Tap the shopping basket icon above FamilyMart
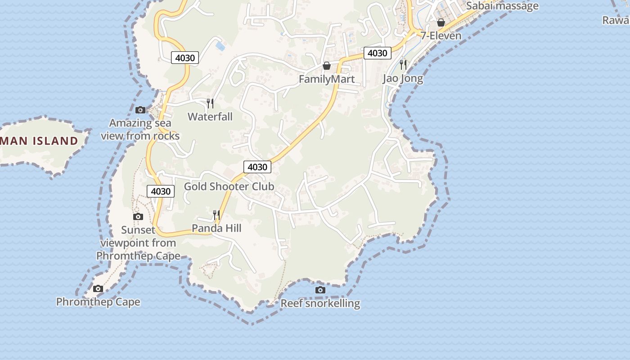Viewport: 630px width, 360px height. tap(327, 66)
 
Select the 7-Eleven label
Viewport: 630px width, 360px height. tap(441, 36)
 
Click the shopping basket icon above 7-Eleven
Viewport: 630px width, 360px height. tap(441, 22)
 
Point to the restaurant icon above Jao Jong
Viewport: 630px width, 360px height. tap(403, 65)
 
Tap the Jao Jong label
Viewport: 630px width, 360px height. tap(403, 78)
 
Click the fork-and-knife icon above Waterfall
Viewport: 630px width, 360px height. tap(210, 103)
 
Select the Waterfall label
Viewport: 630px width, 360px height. tap(210, 117)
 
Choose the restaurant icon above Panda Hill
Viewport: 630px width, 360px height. tap(216, 215)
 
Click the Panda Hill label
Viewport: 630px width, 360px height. tap(216, 228)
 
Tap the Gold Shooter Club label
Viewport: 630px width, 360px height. tap(229, 186)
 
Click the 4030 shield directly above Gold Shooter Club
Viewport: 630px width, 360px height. tap(257, 167)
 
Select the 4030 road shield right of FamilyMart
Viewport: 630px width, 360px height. tap(377, 53)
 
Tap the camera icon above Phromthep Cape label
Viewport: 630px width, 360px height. tap(98, 289)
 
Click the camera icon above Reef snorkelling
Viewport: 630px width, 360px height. tap(320, 290)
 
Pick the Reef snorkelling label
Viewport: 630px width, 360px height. tap(320, 303)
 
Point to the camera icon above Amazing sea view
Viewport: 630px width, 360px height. tap(140, 110)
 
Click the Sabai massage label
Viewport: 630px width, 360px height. tap(502, 6)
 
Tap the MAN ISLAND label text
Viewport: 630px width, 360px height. tap(40, 141)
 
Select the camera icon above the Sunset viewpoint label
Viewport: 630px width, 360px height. tap(138, 217)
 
